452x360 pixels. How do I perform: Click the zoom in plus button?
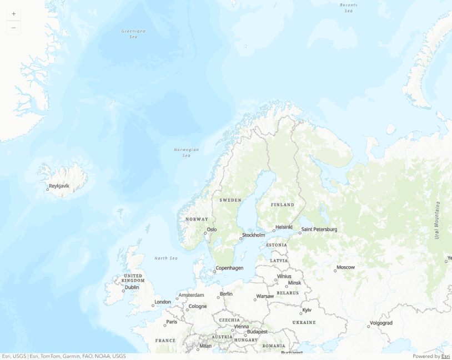tap(13, 13)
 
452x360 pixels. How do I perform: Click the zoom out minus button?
tap(13, 28)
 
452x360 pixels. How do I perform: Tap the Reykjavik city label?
tap(59, 186)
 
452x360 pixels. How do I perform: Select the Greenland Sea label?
tap(133, 34)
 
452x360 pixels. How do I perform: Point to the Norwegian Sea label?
tap(186, 152)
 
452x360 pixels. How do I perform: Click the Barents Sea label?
tap(348, 8)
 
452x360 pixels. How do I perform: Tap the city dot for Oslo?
tap(205, 233)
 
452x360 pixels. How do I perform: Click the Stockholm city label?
tap(254, 235)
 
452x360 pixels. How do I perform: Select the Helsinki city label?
tap(284, 227)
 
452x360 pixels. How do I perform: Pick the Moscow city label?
tap(346, 267)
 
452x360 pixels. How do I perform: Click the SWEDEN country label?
tap(230, 200)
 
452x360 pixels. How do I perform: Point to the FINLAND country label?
tap(283, 205)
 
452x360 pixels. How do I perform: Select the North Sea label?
tap(166, 258)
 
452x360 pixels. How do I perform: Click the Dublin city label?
tap(132, 287)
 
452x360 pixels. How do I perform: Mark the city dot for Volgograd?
tap(368, 326)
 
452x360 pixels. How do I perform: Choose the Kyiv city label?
tap(307, 310)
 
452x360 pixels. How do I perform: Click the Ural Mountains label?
tap(438, 220)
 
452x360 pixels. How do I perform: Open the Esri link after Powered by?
tap(445, 356)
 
